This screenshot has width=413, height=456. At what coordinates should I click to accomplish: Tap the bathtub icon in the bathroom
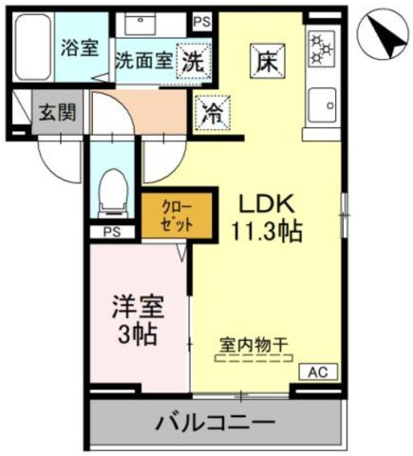[x=35, y=47]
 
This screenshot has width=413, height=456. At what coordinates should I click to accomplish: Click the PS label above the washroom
[x=200, y=19]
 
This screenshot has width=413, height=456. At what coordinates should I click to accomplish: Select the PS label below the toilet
[x=109, y=231]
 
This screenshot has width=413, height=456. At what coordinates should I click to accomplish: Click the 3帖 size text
[x=140, y=335]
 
